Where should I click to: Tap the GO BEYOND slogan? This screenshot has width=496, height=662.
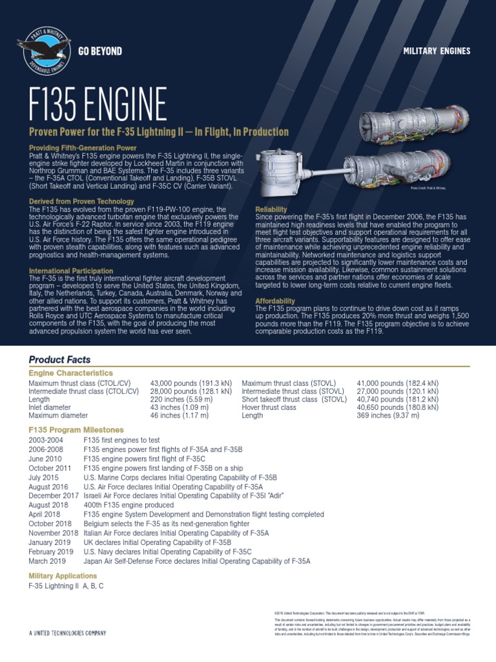100,51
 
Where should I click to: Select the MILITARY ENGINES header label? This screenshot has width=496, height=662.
437,51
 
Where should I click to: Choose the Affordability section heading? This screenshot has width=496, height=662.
276,301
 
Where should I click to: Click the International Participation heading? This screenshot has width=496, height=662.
71,271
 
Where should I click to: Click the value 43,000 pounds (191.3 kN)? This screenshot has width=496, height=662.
191,383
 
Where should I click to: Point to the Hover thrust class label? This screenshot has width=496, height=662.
269,408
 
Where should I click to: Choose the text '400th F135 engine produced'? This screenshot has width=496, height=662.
129,505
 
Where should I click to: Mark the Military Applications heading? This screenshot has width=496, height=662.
63,575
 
